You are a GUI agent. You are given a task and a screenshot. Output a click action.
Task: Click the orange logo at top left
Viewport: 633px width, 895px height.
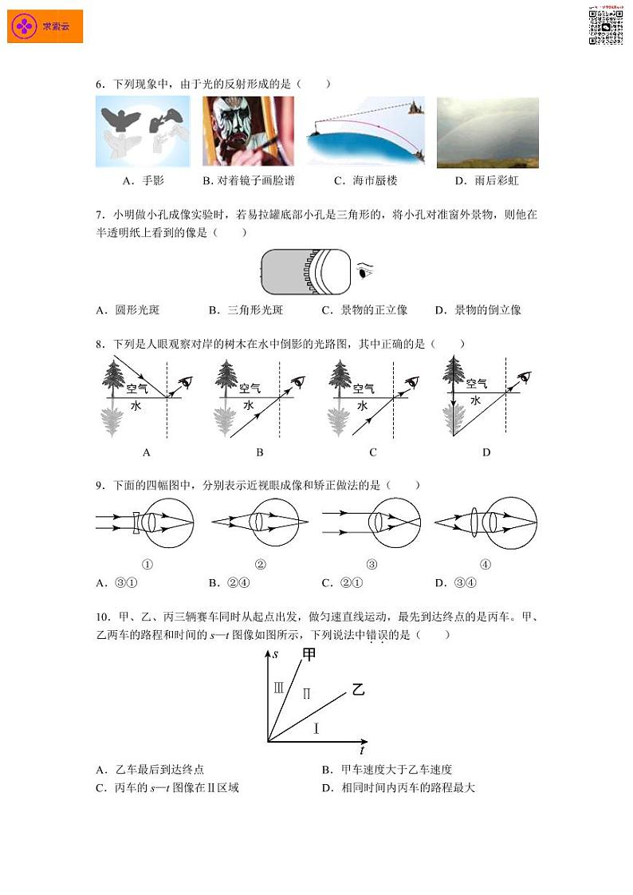point(45,26)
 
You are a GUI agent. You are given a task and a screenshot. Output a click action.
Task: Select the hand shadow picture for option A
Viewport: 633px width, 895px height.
point(143,132)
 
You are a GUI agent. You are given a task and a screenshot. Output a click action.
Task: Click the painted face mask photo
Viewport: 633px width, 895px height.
point(248,132)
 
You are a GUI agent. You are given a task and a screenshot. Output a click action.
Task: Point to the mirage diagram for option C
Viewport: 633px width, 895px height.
point(366,132)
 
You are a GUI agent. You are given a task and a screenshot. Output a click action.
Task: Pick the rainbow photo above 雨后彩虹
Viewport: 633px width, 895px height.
point(487,132)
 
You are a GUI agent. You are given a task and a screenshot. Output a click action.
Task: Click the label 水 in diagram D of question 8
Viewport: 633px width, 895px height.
point(475,401)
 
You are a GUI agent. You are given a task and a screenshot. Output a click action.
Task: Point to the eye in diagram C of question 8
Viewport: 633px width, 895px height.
point(411,380)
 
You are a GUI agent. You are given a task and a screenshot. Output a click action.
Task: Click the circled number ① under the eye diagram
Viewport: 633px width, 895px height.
point(147,565)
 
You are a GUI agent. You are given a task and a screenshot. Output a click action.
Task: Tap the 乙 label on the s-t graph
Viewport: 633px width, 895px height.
point(358,690)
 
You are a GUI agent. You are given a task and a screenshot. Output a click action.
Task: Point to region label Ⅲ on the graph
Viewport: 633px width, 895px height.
point(279,687)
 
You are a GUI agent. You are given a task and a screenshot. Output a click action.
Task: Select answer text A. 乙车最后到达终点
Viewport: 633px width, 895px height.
point(150,770)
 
